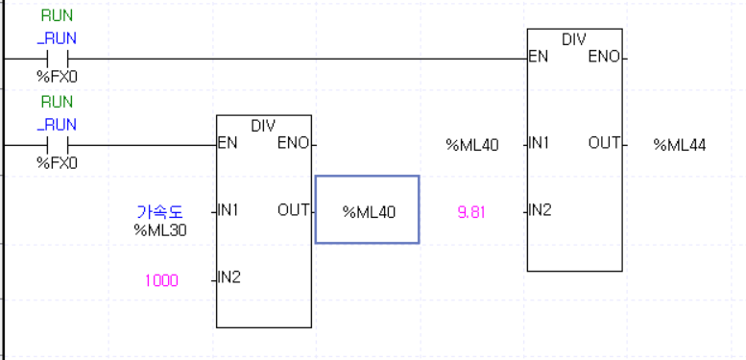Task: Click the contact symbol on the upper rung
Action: (57, 59)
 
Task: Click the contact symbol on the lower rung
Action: (57, 145)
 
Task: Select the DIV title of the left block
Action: (263, 126)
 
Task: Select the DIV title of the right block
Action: (574, 39)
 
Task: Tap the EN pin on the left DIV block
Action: (229, 145)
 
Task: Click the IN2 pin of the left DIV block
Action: (229, 277)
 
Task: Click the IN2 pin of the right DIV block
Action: (540, 210)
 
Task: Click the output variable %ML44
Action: (680, 145)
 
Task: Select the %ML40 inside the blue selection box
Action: (369, 211)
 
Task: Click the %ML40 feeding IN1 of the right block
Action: (471, 145)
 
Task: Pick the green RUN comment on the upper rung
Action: (57, 16)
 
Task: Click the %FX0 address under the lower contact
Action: (57, 163)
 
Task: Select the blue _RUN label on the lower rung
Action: (57, 124)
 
